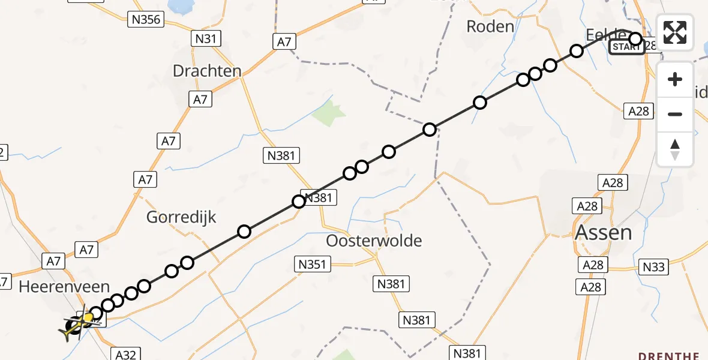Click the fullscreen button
[675, 32]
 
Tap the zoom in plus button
[675, 79]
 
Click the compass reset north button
[675, 149]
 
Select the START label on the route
[626, 47]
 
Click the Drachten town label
[207, 71]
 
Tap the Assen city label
[603, 232]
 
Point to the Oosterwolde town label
[374, 241]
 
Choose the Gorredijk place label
[181, 217]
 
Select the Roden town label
[490, 26]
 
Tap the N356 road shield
[145, 20]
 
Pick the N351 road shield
[311, 263]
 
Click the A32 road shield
[125, 355]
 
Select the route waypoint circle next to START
[635, 40]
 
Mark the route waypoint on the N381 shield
[299, 202]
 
